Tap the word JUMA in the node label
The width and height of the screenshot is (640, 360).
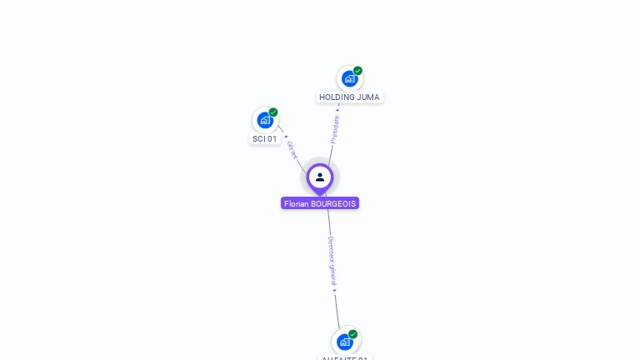368,97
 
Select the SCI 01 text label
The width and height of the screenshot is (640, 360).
265,139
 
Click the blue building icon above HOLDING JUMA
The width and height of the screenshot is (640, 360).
349,78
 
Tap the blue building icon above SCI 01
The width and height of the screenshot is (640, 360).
265,120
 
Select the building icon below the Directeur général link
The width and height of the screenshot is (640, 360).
345,342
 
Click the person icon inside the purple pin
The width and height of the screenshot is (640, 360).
320,177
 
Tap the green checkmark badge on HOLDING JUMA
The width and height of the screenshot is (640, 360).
357,71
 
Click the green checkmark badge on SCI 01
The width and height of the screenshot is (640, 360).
273,112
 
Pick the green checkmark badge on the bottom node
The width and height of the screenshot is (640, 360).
352,334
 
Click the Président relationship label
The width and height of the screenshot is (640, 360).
335,129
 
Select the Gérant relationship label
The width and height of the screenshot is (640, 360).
292,150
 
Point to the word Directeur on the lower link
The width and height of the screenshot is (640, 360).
331,250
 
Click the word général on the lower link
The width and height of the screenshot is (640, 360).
332,276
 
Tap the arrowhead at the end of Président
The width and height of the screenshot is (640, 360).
337,109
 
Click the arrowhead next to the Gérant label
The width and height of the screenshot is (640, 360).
286,137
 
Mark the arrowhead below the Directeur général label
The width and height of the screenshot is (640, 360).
334,290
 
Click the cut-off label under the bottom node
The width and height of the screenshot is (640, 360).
345,357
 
